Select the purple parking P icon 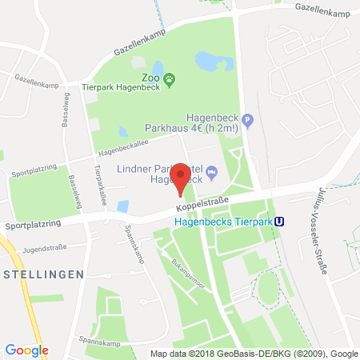248,121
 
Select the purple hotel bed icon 212,171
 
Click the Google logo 26,350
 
